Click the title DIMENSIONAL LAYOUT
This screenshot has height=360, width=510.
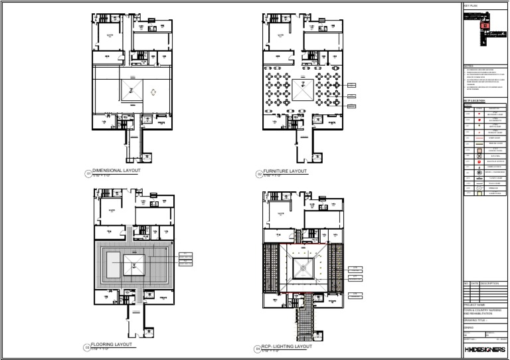(x=116, y=171)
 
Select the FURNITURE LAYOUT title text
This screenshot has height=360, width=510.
(x=285, y=171)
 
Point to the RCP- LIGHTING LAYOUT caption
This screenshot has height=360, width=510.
(x=288, y=346)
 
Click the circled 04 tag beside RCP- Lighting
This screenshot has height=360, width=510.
(x=258, y=348)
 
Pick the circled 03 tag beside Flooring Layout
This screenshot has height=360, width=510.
(x=87, y=347)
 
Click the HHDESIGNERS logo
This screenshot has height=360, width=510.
(x=484, y=349)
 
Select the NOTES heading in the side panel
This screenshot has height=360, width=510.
(x=468, y=66)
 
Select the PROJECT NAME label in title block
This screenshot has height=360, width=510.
(x=474, y=305)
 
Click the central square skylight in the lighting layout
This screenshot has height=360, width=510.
(x=303, y=267)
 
